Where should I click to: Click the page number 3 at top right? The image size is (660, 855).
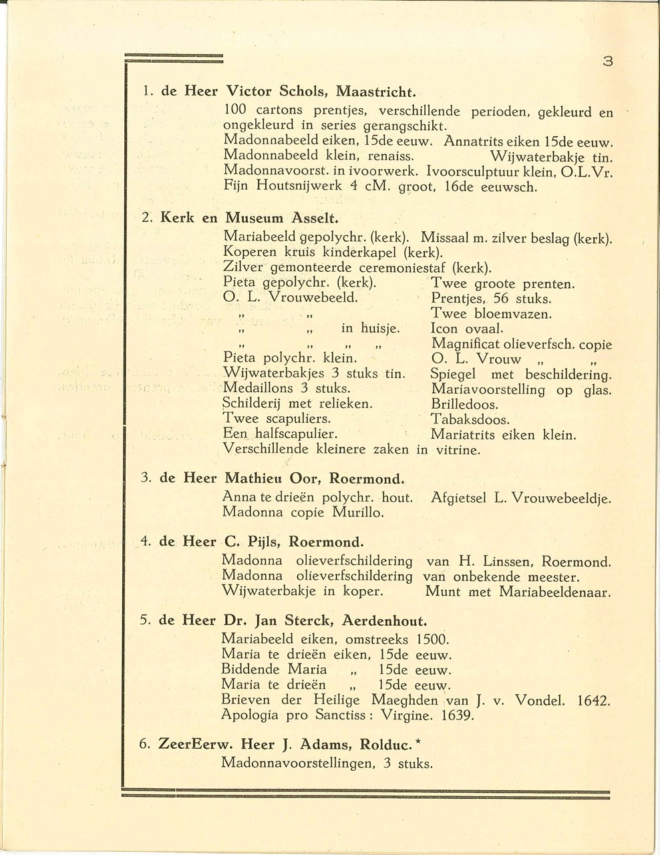[607, 61]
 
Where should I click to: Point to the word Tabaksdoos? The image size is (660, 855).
[470, 420]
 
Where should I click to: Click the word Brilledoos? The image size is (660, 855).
[465, 405]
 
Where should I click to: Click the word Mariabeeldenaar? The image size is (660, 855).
[554, 592]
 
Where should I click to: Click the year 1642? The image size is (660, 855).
[593, 701]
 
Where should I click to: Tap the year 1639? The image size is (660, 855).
[458, 716]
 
